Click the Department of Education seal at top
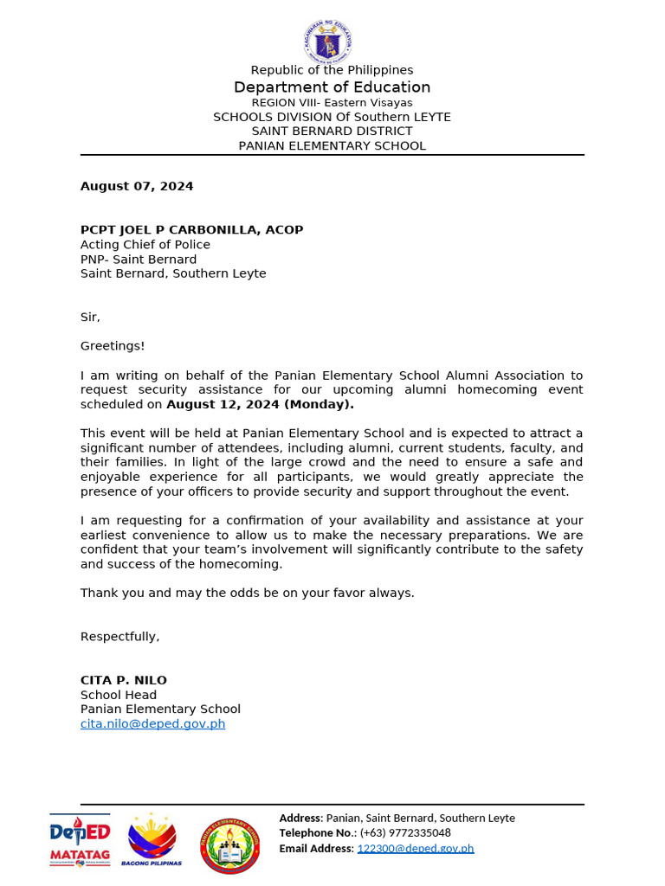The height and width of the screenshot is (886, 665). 332,41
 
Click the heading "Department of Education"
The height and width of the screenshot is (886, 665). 332,87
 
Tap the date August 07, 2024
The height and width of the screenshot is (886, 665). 137,186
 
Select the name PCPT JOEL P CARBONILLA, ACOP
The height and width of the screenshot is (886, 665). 191,230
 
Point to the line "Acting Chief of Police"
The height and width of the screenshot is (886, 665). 145,245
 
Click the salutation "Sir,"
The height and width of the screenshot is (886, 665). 90,318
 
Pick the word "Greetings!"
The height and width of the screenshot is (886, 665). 113,346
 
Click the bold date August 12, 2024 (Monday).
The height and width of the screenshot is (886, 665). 260,404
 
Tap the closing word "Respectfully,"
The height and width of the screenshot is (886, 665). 120,637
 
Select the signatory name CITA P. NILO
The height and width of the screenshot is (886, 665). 124,680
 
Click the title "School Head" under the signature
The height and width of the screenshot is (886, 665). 119,695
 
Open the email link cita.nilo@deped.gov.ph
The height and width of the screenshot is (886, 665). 152,724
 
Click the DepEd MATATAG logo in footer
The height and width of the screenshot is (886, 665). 80,840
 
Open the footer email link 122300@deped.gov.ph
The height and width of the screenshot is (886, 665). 416,849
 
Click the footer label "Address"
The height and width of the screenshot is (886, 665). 300,818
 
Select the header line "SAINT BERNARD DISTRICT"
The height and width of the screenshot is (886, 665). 332,132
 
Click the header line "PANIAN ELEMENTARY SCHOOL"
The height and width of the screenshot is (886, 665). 332,146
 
